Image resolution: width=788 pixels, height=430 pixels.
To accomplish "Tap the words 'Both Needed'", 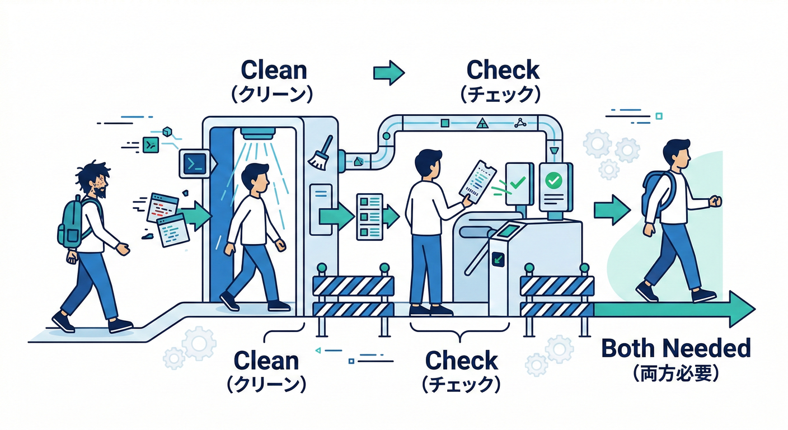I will [x=676, y=348].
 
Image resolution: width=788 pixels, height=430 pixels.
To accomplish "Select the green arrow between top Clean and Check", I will [x=388, y=72].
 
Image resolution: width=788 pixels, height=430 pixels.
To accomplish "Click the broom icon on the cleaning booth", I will [x=321, y=153].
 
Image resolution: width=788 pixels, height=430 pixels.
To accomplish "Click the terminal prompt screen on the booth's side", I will [x=194, y=163].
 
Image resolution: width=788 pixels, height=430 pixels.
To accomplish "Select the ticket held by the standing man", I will [x=477, y=180].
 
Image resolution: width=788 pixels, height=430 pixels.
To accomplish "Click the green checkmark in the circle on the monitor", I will [x=554, y=180].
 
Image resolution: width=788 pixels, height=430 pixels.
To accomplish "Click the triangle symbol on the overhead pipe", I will [x=481, y=123].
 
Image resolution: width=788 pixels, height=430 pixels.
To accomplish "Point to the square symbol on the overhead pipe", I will [x=445, y=122].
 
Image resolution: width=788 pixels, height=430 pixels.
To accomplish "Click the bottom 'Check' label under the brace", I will [x=461, y=361].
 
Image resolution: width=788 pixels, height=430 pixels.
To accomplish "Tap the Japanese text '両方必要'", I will [x=676, y=373].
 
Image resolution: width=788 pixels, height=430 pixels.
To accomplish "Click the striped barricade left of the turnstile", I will [x=353, y=297].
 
